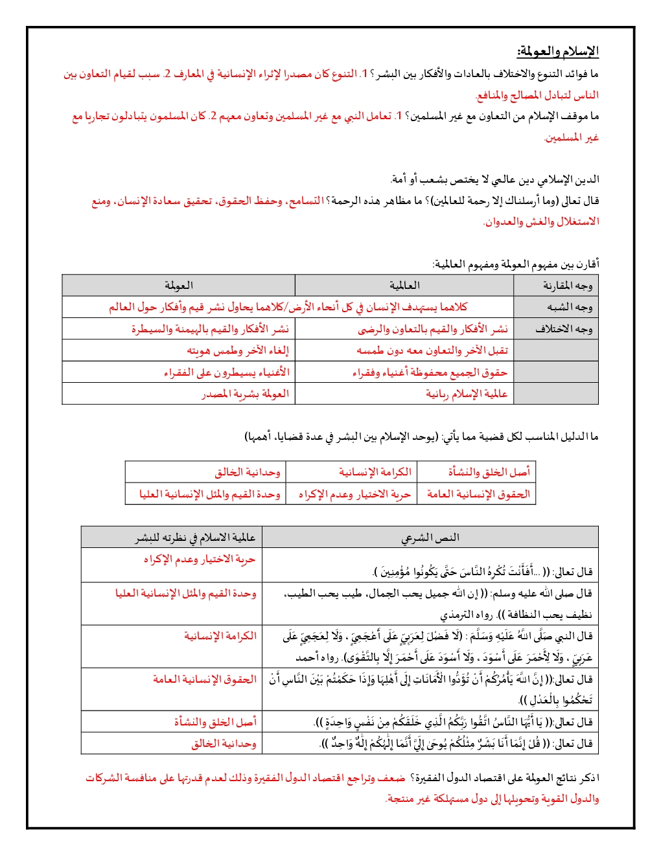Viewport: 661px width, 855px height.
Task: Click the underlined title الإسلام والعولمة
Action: [x=557, y=51]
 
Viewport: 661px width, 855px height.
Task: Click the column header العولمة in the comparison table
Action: [x=178, y=285]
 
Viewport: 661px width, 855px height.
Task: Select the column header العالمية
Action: [x=404, y=285]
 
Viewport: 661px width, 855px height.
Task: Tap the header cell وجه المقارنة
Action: [x=567, y=286]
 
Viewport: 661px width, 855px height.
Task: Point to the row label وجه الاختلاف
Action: [x=563, y=329]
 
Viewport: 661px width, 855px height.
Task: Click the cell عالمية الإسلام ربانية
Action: [x=466, y=394]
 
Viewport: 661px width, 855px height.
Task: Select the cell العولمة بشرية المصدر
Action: [x=245, y=394]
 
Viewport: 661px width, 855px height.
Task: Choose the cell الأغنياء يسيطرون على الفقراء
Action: [x=226, y=372]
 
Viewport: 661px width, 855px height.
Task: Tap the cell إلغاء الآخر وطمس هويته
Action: [x=238, y=350]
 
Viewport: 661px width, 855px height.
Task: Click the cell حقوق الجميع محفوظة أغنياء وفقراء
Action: [x=430, y=372]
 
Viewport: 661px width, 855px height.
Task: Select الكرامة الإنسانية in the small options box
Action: [x=375, y=472]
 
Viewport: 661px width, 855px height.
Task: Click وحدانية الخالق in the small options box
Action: [x=247, y=472]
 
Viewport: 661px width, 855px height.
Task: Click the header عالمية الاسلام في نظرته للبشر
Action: [x=195, y=538]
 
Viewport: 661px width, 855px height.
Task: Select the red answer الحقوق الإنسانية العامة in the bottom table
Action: [x=205, y=679]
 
